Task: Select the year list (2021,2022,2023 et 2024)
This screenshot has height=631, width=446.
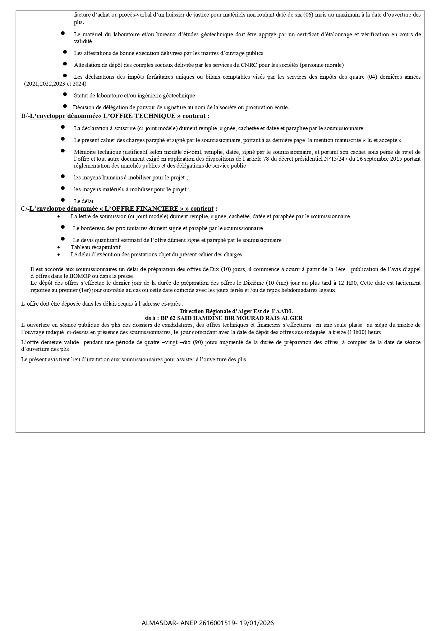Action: [55, 84]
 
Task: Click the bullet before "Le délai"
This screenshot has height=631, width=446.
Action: [63, 200]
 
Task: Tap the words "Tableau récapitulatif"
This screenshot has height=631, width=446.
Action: [96, 247]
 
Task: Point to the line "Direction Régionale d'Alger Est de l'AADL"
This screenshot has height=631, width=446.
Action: [236, 311]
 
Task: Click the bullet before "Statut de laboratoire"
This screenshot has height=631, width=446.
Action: [65, 94]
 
